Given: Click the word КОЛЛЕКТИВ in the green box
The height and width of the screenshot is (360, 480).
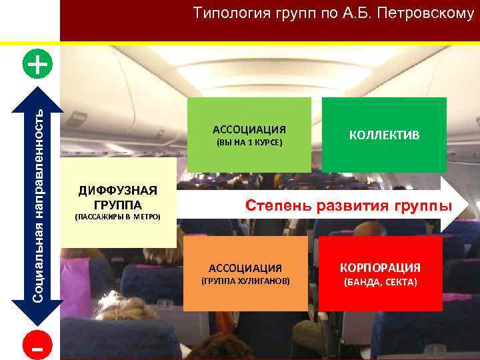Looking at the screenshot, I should tap(384, 135).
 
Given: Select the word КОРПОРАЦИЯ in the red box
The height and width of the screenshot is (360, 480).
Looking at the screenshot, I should tap(380, 268).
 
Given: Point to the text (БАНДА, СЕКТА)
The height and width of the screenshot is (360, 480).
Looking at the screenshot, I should tap(380, 283).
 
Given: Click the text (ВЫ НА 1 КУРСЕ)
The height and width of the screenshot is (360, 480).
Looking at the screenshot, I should tap(249, 143).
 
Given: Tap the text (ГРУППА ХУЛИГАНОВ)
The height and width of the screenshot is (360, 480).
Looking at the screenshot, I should tap(245, 282).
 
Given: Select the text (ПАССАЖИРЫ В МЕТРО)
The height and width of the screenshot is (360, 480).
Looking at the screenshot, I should tap(117, 217).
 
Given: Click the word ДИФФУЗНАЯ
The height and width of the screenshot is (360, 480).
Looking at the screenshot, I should tap(117, 190).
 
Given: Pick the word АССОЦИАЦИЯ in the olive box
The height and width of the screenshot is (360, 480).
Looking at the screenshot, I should tap(249, 129).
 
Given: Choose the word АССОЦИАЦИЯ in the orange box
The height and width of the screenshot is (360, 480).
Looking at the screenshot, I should tap(245, 268).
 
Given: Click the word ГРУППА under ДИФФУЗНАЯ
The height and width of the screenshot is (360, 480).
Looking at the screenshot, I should tap(117, 203).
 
